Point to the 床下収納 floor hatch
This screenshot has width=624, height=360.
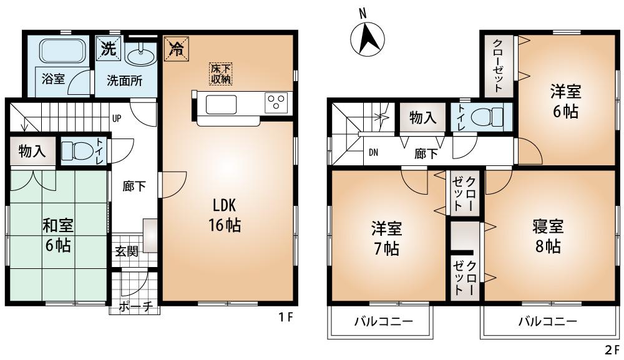point(221,73)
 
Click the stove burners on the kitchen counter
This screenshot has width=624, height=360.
point(275,102)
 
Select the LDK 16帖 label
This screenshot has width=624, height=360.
point(225,215)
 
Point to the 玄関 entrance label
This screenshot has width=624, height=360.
point(127,253)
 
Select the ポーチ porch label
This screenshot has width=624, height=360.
point(135,307)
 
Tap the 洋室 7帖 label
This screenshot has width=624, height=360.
point(386,238)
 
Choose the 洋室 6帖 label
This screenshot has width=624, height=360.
point(565,102)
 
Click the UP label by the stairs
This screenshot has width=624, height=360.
point(117,117)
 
